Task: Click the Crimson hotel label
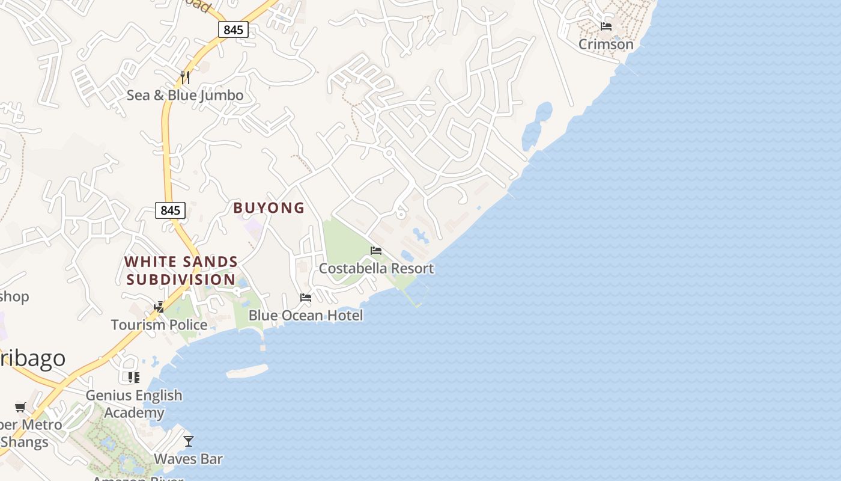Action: [606, 44]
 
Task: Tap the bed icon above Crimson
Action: [606, 26]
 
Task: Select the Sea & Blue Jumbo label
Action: [185, 95]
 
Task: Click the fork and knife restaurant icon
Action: [185, 77]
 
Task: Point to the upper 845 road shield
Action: [233, 29]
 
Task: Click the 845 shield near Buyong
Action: [171, 210]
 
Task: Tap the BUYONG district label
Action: [269, 208]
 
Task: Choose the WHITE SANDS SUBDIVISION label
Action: [181, 271]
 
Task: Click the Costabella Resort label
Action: [376, 268]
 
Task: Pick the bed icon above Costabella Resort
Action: [376, 250]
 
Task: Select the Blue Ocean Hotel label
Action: [306, 315]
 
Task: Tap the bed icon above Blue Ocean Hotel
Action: [306, 297]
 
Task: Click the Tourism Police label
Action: [159, 325]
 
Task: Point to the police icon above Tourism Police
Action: [159, 307]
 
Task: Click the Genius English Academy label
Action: [134, 403]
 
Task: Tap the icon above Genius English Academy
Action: [134, 378]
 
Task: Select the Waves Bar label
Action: [189, 459]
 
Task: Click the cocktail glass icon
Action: [189, 441]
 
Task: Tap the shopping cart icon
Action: [20, 408]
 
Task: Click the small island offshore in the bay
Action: [247, 372]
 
